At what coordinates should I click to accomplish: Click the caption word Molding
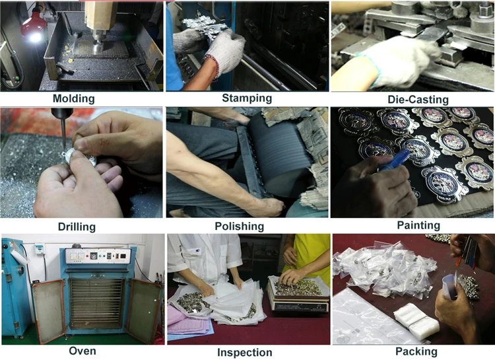click(x=73, y=98)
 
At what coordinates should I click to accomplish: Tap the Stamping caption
click(x=247, y=98)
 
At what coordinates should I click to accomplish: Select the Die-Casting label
click(x=418, y=100)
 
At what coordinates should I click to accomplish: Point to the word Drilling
click(x=77, y=227)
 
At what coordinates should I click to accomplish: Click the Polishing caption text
click(x=240, y=227)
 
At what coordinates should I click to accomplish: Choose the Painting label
click(x=418, y=225)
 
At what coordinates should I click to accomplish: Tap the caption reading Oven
click(x=82, y=351)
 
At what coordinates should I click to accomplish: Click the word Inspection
click(x=245, y=353)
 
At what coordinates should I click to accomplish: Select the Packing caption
click(x=416, y=351)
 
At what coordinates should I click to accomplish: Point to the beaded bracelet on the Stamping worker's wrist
click(x=212, y=65)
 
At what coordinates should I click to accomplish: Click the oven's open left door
click(x=49, y=310)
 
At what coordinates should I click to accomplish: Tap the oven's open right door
click(x=144, y=310)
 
